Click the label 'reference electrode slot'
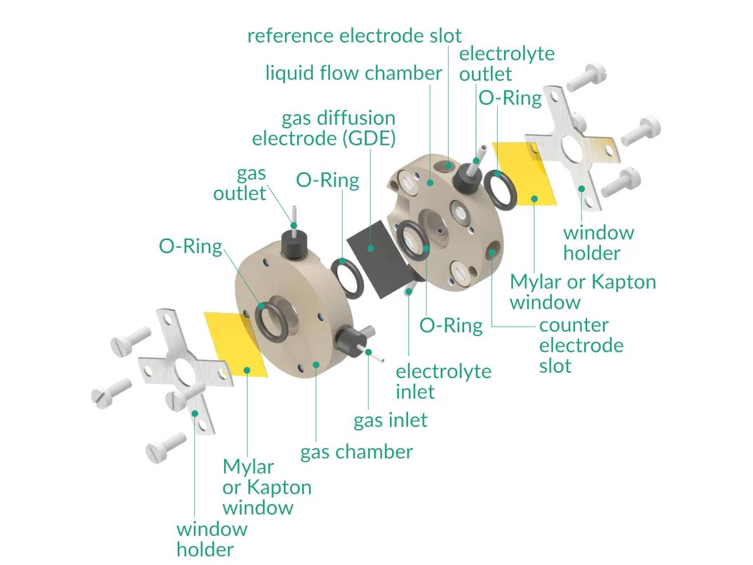tap(354, 36)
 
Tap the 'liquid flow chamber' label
tap(353, 73)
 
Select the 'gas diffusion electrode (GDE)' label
tap(324, 128)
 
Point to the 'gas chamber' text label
tap(356, 452)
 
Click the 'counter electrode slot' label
tap(580, 345)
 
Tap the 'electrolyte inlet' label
tap(443, 381)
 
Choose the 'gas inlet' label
tap(390, 421)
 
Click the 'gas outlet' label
tap(240, 183)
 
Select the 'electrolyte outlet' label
tap(506, 63)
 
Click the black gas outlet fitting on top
tap(294, 244)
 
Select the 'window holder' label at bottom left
tap(211, 539)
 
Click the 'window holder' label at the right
tap(598, 243)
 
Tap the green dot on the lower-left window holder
tap(195, 413)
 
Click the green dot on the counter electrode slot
tap(490, 253)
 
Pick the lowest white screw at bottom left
tap(166, 447)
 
